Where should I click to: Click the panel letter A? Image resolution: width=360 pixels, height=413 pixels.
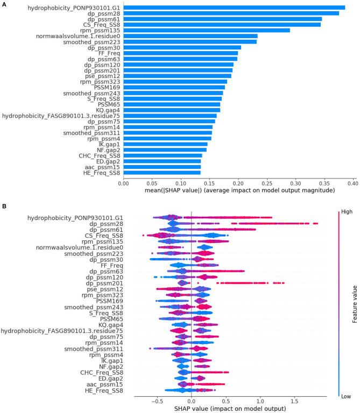click(x=4, y=3)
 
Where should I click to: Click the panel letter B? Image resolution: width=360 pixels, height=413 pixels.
click(x=4, y=206)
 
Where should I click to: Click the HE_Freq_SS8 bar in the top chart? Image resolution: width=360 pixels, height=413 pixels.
click(x=162, y=173)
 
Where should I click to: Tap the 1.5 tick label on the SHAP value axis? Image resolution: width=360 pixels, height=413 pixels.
click(x=295, y=401)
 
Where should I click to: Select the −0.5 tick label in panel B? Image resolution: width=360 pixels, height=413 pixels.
click(x=157, y=401)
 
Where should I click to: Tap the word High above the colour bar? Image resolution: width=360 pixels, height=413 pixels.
click(x=347, y=212)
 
